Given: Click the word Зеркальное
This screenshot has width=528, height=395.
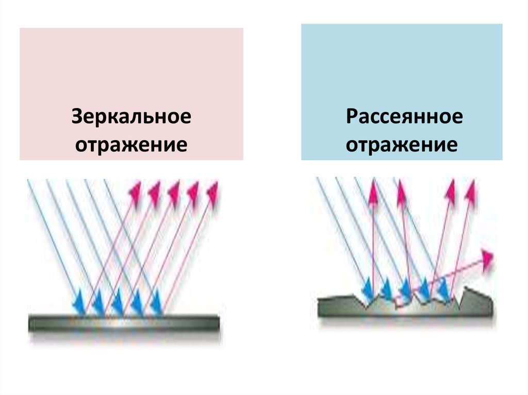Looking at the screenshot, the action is click(x=131, y=116).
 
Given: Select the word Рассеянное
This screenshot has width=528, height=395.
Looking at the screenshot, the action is click(x=404, y=116).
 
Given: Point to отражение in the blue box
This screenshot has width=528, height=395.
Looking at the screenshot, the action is click(x=402, y=145).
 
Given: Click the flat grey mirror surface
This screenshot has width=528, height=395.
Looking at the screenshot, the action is click(x=124, y=323).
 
